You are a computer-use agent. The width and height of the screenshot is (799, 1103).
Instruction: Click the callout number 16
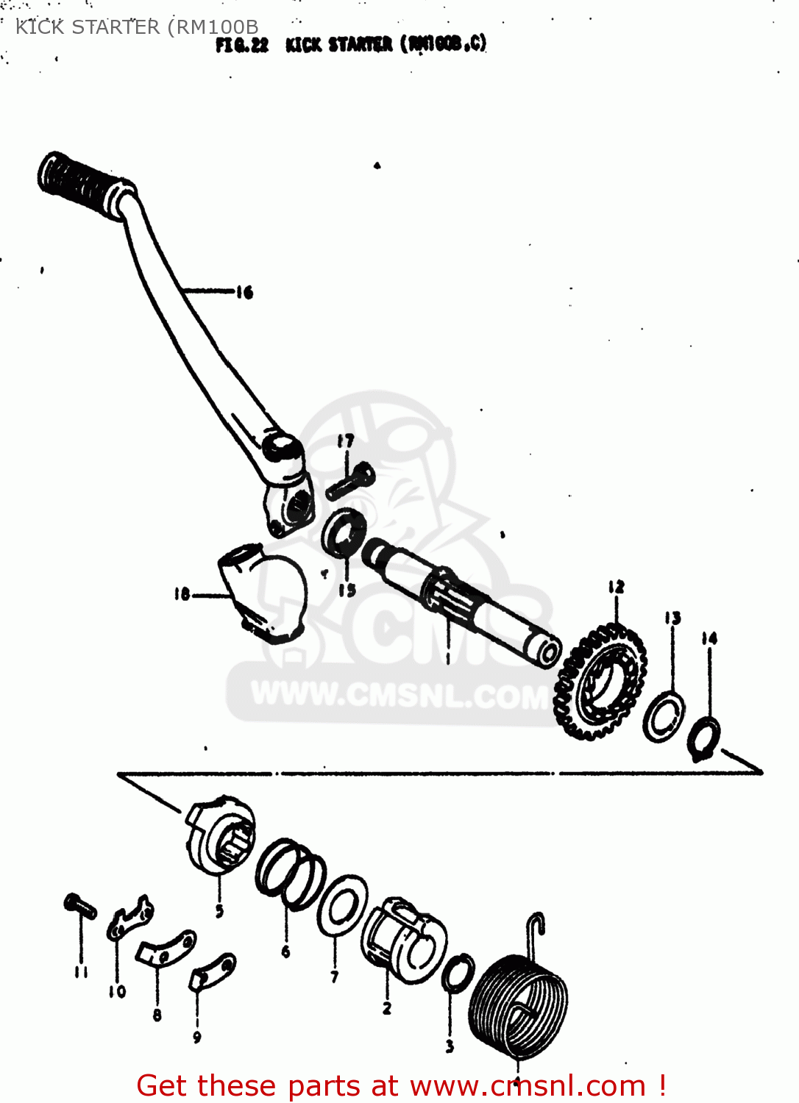[x=244, y=292]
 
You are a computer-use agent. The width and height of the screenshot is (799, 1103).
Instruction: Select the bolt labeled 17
[x=351, y=479]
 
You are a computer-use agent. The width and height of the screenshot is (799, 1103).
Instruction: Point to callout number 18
[x=182, y=593]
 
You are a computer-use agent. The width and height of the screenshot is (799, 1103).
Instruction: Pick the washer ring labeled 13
[x=664, y=717]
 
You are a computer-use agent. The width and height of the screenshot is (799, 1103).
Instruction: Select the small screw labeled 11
[x=80, y=905]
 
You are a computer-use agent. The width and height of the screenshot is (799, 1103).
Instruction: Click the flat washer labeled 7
[x=341, y=905]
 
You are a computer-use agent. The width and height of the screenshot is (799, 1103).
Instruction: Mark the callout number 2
[x=387, y=1008]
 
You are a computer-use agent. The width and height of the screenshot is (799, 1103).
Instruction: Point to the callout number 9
[x=196, y=1037]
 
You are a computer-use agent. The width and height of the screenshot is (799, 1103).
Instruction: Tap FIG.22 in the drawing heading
[x=242, y=45]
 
